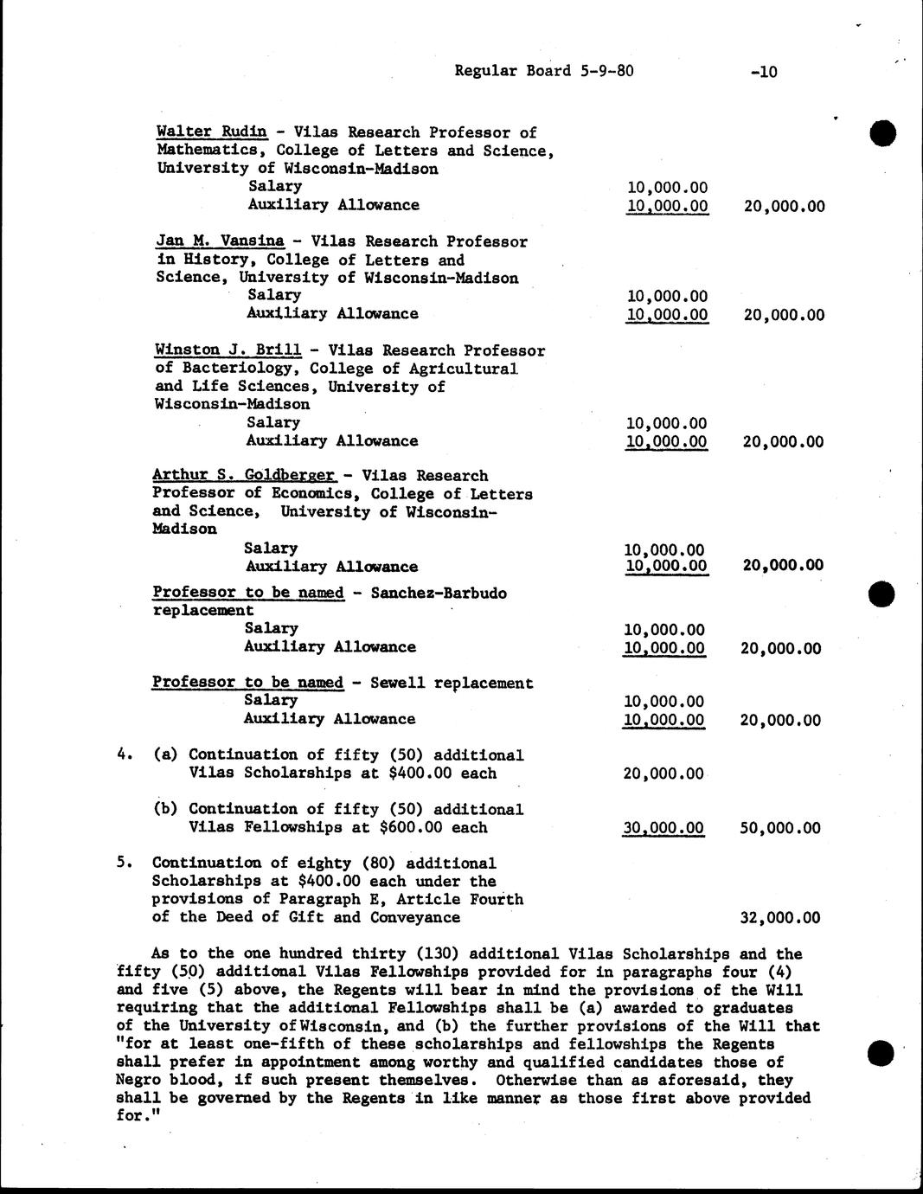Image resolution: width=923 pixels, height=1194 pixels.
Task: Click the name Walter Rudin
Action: [x=211, y=132]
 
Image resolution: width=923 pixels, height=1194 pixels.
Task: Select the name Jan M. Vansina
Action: [x=220, y=241]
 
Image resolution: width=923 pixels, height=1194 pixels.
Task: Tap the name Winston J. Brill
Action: [x=228, y=350]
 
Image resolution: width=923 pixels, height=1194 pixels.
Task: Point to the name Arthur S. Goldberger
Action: [x=243, y=475]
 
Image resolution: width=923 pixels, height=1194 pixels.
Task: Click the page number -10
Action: [x=764, y=72]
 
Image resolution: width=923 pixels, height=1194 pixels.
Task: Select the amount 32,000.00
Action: [x=781, y=918]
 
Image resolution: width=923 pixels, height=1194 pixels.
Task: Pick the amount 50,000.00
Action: [x=780, y=828]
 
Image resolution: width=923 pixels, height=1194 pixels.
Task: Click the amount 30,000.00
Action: [x=663, y=828]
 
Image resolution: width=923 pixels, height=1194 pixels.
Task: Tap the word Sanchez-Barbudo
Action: [x=438, y=593]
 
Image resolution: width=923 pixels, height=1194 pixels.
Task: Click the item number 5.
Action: [x=124, y=863]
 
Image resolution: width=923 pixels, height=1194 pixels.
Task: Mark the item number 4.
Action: [x=124, y=754]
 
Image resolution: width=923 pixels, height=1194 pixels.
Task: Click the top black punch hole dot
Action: [x=882, y=133]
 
